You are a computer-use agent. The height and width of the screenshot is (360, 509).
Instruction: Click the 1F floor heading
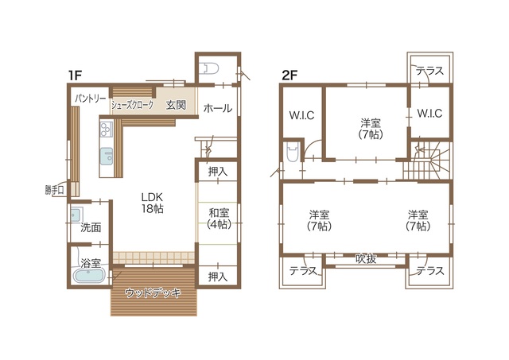coord(75,75)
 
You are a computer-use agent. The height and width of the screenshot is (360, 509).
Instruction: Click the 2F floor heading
coord(289,75)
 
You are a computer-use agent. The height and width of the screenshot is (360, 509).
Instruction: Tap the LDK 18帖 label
coord(152,203)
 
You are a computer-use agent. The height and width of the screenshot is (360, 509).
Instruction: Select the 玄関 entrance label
coord(176,105)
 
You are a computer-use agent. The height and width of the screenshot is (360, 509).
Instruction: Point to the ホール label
coord(218,108)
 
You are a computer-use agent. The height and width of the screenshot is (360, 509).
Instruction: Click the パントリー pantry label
coord(91,99)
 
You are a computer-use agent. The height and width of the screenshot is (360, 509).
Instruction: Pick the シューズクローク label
coord(133,105)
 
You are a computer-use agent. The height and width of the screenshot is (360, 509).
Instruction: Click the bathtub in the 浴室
coord(89,276)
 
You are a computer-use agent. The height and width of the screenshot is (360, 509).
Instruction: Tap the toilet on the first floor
coord(210,69)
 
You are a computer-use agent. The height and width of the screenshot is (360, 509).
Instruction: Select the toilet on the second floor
coord(293,153)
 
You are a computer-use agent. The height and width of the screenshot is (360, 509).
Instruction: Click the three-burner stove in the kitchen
coord(106,129)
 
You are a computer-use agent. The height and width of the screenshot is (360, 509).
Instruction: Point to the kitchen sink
coord(107,157)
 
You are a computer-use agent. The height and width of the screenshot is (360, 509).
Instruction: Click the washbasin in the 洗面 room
coord(76,215)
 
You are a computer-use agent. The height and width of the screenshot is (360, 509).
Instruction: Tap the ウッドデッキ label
coord(153,293)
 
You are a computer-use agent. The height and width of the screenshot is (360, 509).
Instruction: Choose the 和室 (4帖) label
coord(220,219)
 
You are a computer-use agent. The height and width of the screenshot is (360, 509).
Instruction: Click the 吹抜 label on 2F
coord(366,258)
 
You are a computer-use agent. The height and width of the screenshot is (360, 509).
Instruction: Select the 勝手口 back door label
coord(55,190)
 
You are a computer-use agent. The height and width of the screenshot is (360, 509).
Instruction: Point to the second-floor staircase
coord(427,161)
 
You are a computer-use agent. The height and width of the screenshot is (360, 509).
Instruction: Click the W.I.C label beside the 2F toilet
coord(301,115)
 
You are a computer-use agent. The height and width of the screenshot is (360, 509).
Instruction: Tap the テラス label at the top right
coord(429,71)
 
